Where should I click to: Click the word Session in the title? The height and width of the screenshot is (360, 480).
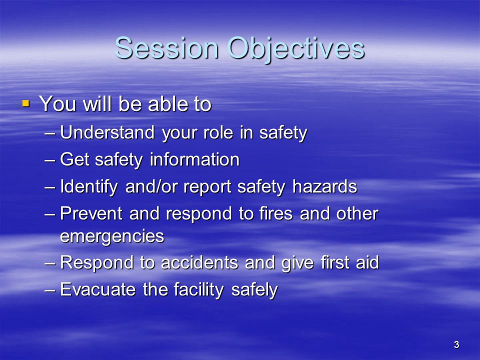coord(166,48)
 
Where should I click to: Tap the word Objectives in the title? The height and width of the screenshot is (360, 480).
coord(295,49)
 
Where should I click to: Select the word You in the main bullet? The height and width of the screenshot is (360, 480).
coord(57,103)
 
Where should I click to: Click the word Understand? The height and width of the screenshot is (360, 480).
coord(107,132)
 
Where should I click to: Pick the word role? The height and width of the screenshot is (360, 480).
coord(218,132)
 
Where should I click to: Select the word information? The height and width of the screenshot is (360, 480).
coord(194,159)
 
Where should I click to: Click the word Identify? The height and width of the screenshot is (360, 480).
coord(89,186)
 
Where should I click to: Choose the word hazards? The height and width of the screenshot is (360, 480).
coord(325,186)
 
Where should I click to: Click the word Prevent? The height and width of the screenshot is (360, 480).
coord(91,213)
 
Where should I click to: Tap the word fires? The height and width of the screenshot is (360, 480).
coord(276,213)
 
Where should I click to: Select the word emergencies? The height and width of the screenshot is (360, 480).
coord(112,236)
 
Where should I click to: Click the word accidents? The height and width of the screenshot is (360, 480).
coord(199,262)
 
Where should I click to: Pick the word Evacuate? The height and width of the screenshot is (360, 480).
coord(97,289)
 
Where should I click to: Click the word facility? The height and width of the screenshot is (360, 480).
coord(198,289)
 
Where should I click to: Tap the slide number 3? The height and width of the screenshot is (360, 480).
coord(456,344)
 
